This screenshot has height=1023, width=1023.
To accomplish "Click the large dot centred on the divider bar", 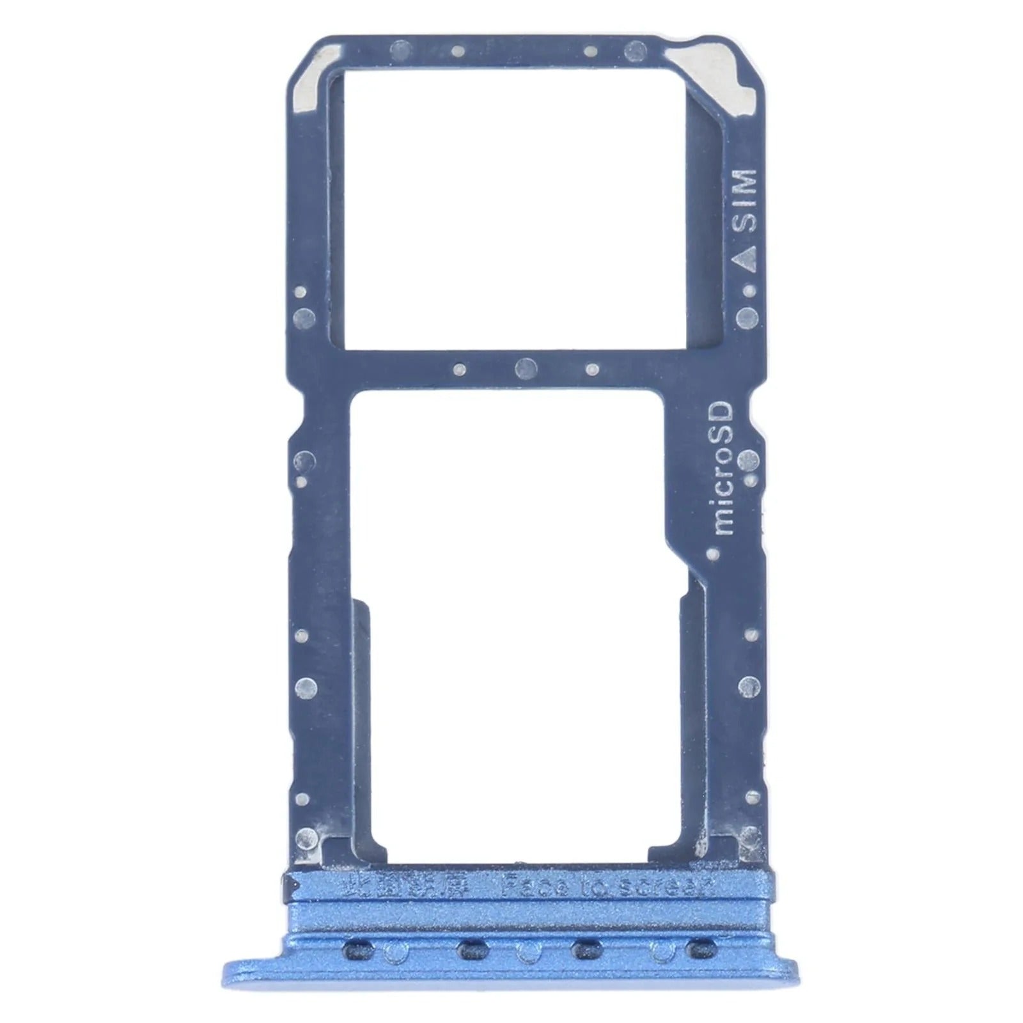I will [x=526, y=367].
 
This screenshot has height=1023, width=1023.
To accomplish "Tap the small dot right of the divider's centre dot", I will [x=592, y=368].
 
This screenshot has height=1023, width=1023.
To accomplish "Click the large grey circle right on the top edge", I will [x=634, y=49].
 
